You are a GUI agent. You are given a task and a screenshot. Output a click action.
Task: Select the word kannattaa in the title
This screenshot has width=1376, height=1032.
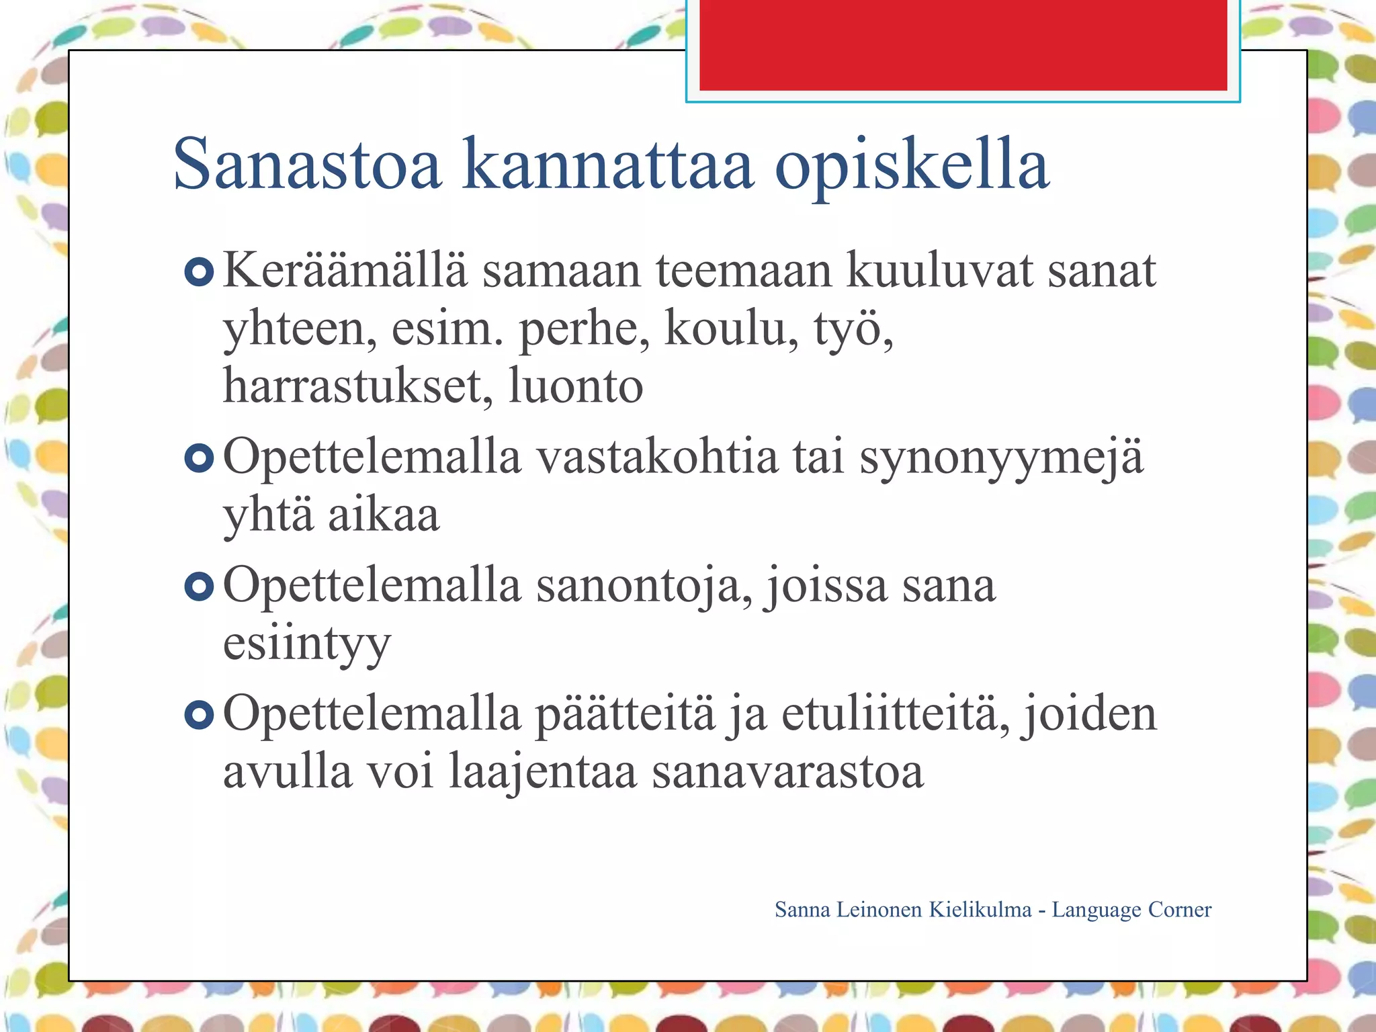coord(607,165)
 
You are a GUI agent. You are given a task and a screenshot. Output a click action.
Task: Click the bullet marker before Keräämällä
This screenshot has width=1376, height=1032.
coord(199,272)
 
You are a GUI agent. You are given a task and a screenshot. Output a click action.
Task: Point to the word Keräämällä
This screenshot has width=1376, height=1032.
coord(344,270)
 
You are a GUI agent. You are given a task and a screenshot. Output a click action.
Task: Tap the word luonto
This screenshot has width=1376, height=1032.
coord(575,386)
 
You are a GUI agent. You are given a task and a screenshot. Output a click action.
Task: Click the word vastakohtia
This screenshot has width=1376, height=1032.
coord(656,458)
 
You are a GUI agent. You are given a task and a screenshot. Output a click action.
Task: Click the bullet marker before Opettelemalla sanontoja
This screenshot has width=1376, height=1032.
coord(199,587)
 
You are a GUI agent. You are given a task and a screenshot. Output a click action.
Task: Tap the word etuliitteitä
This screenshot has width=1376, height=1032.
coord(894,714)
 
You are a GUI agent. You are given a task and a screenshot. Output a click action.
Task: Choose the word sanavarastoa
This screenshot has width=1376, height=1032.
coord(787,772)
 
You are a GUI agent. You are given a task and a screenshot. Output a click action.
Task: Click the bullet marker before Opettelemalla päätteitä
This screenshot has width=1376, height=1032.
coord(199,715)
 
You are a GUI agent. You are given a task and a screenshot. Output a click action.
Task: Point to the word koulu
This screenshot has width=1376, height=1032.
coord(730,329)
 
